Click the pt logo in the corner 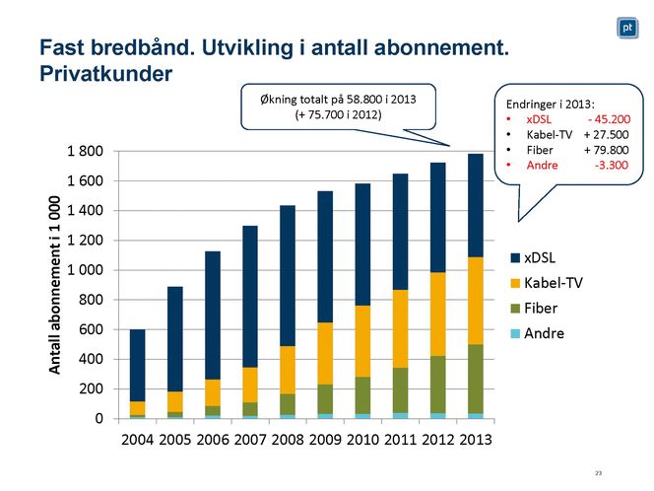click(626, 29)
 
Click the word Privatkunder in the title click(104, 73)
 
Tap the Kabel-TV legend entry click(552, 283)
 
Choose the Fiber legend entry click(541, 308)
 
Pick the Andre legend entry click(543, 333)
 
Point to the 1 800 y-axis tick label click(84, 151)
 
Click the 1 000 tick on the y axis click(84, 270)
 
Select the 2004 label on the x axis click(137, 439)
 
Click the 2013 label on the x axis click(475, 439)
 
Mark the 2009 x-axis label click(325, 439)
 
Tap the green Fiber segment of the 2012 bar click(438, 385)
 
